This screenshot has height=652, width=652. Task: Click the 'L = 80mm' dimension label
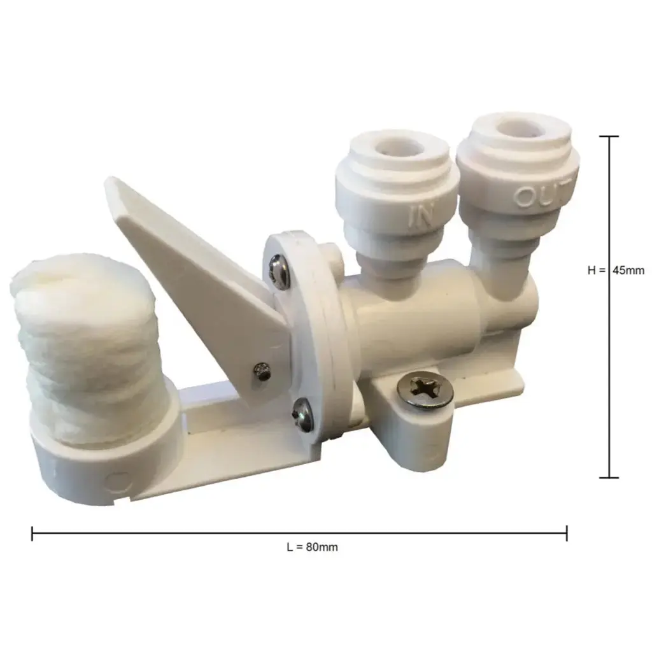click(312, 547)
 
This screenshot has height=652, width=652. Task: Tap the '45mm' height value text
click(628, 270)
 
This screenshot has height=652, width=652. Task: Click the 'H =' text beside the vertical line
click(597, 270)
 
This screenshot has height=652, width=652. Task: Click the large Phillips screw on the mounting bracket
click(425, 390)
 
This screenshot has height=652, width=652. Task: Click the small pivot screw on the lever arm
click(260, 371)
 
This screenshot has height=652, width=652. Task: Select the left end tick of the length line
click(32, 534)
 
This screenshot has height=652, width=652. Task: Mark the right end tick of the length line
click(567, 534)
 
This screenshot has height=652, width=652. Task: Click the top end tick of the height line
click(609, 136)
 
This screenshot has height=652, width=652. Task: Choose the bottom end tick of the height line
click(609, 478)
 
